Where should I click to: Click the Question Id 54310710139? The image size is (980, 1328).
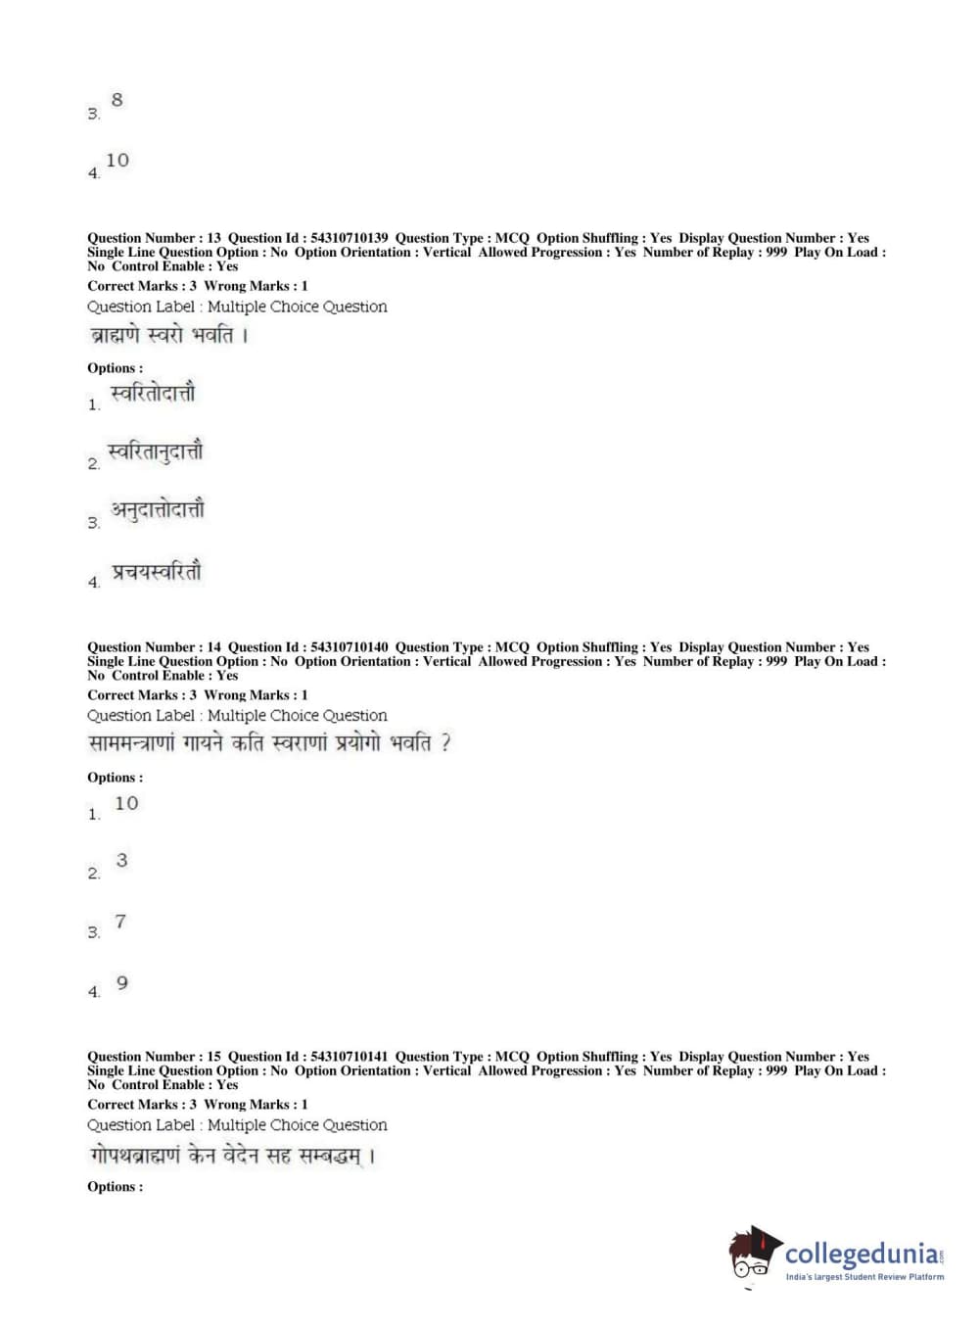[349, 238]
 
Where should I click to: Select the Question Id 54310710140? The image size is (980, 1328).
[349, 647]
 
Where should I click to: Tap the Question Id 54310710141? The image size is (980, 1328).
[349, 1057]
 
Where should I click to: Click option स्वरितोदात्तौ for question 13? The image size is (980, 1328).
[153, 394]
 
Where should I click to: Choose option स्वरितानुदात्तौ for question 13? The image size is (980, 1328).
[156, 452]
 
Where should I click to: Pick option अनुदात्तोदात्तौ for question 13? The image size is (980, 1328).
[158, 511]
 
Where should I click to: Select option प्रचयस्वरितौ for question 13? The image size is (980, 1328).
[157, 572]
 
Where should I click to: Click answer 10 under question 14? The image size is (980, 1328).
[126, 804]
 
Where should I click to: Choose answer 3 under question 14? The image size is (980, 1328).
[121, 861]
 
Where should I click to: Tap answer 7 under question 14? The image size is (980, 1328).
[120, 922]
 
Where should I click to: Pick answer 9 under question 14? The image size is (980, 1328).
[121, 982]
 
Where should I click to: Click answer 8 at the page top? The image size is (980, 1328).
[117, 100]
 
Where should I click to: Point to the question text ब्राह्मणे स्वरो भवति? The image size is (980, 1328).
[167, 336]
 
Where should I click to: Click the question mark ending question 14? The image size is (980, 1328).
[445, 743]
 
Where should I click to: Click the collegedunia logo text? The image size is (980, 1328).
[862, 1255]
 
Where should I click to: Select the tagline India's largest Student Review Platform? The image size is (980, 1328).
[864, 1277]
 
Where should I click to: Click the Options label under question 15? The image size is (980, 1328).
[115, 1187]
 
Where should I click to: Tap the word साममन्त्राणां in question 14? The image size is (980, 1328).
[131, 744]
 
